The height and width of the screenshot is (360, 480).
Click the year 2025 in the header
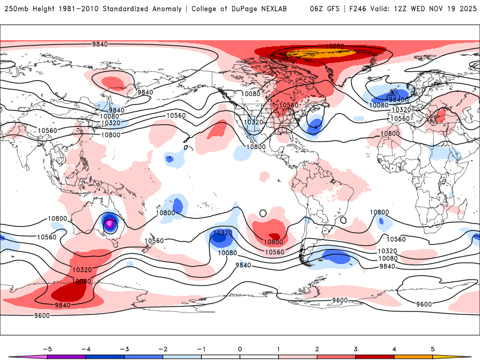pyautogui.click(x=465, y=9)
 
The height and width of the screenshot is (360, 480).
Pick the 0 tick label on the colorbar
pyautogui.click(x=240, y=348)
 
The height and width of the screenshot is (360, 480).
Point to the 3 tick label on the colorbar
pyautogui.click(x=356, y=348)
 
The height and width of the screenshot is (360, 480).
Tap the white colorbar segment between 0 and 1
pyautogui.click(x=259, y=356)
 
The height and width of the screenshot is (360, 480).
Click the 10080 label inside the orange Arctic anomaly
pyautogui.click(x=335, y=47)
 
